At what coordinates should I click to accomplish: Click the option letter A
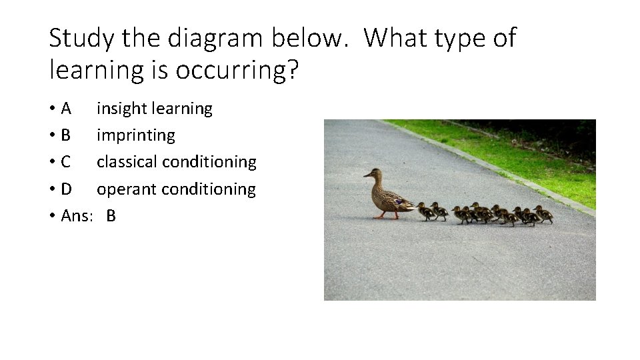66,108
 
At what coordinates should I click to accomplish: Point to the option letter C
66,162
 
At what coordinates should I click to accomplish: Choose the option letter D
66,189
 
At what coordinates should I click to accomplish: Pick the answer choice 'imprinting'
136,135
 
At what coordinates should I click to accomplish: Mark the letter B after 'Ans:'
111,216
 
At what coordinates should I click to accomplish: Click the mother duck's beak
367,175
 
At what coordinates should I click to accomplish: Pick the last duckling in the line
543,215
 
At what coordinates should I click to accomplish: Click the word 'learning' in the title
95,69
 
